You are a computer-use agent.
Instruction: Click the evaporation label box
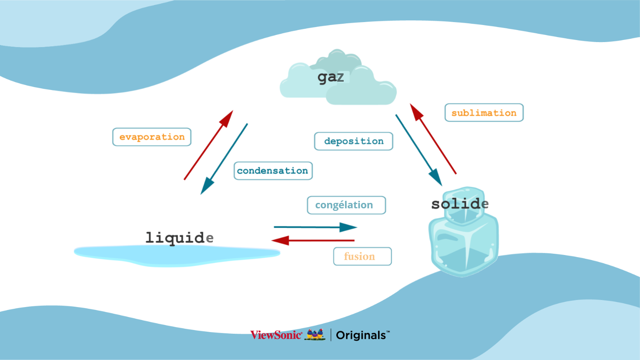(x=152, y=137)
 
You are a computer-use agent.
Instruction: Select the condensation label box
(x=273, y=171)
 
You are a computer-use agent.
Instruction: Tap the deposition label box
(x=353, y=141)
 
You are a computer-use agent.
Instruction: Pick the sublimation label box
(x=484, y=112)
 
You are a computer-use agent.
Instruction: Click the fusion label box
(x=362, y=256)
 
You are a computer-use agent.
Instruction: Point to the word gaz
(x=331, y=77)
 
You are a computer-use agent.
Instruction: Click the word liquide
(x=179, y=237)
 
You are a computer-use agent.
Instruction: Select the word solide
(x=460, y=204)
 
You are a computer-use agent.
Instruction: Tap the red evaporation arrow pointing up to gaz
(x=208, y=145)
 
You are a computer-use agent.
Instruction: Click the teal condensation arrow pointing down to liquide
(x=225, y=158)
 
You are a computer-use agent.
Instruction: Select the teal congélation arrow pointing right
(x=315, y=227)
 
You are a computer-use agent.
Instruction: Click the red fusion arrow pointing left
(x=313, y=240)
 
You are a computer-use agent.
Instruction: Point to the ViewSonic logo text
(x=276, y=335)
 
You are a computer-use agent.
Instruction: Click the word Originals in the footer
(x=361, y=335)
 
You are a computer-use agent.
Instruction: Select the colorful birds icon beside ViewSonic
(x=315, y=334)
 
